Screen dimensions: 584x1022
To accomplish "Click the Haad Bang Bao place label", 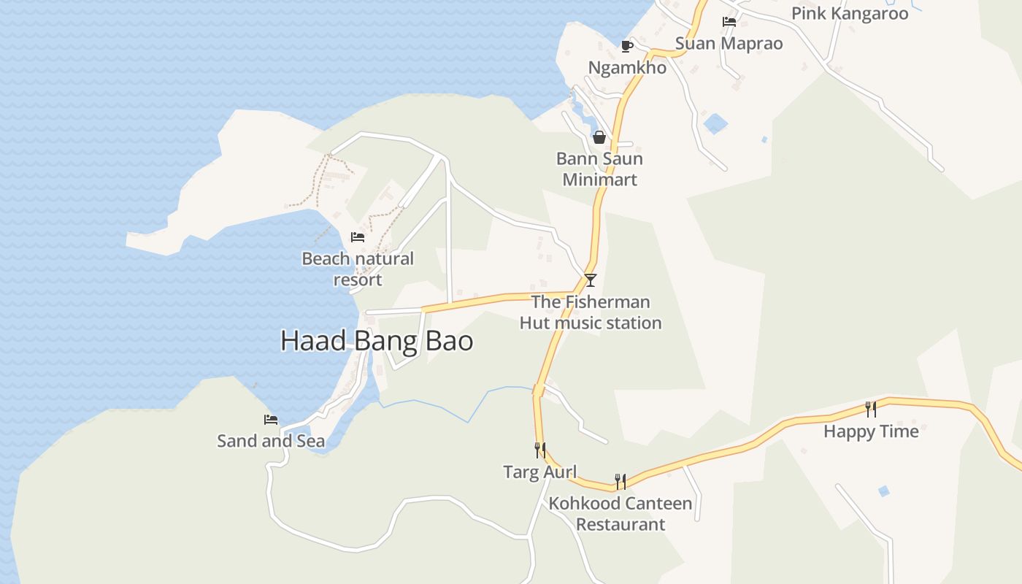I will [x=377, y=341].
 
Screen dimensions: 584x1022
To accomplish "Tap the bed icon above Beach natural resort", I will [x=358, y=237].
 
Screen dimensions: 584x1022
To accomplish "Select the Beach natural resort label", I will [x=358, y=269].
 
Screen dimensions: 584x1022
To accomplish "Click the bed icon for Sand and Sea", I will [x=271, y=420].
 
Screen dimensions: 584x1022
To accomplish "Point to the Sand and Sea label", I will [x=271, y=441].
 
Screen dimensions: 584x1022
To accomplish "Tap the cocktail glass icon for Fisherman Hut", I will [x=591, y=280].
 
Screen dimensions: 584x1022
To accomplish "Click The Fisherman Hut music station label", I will [x=591, y=312].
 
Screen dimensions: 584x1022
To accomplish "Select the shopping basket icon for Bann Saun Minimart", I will [x=599, y=137].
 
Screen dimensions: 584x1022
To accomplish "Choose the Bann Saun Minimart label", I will [x=599, y=169].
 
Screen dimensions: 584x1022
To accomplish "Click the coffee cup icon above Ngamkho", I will [x=626, y=47].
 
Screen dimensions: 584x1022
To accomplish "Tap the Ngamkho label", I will [x=627, y=68].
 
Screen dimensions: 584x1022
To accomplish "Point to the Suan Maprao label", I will [x=729, y=43].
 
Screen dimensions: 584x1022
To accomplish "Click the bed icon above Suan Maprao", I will [x=729, y=22].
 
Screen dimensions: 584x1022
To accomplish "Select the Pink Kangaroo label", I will [x=850, y=13].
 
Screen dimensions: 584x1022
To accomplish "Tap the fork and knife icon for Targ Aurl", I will [x=540, y=450].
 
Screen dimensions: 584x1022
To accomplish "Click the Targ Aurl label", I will [x=540, y=472].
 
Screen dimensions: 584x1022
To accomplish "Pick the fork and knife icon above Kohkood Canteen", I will [x=620, y=481].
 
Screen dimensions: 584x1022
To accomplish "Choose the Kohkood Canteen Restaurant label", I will [x=620, y=514].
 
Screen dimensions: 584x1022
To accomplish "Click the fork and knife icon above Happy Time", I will [x=870, y=410].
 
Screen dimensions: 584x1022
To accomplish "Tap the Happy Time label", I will [x=871, y=431].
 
